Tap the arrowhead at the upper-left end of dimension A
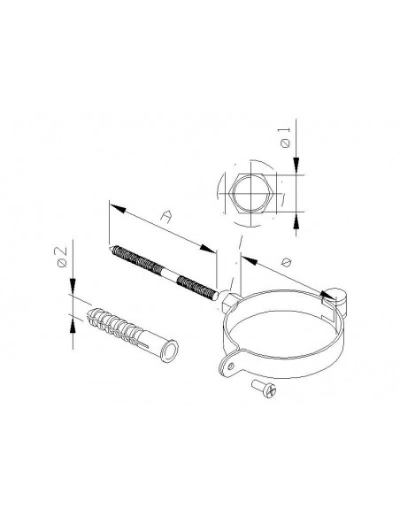[x=112, y=206]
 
